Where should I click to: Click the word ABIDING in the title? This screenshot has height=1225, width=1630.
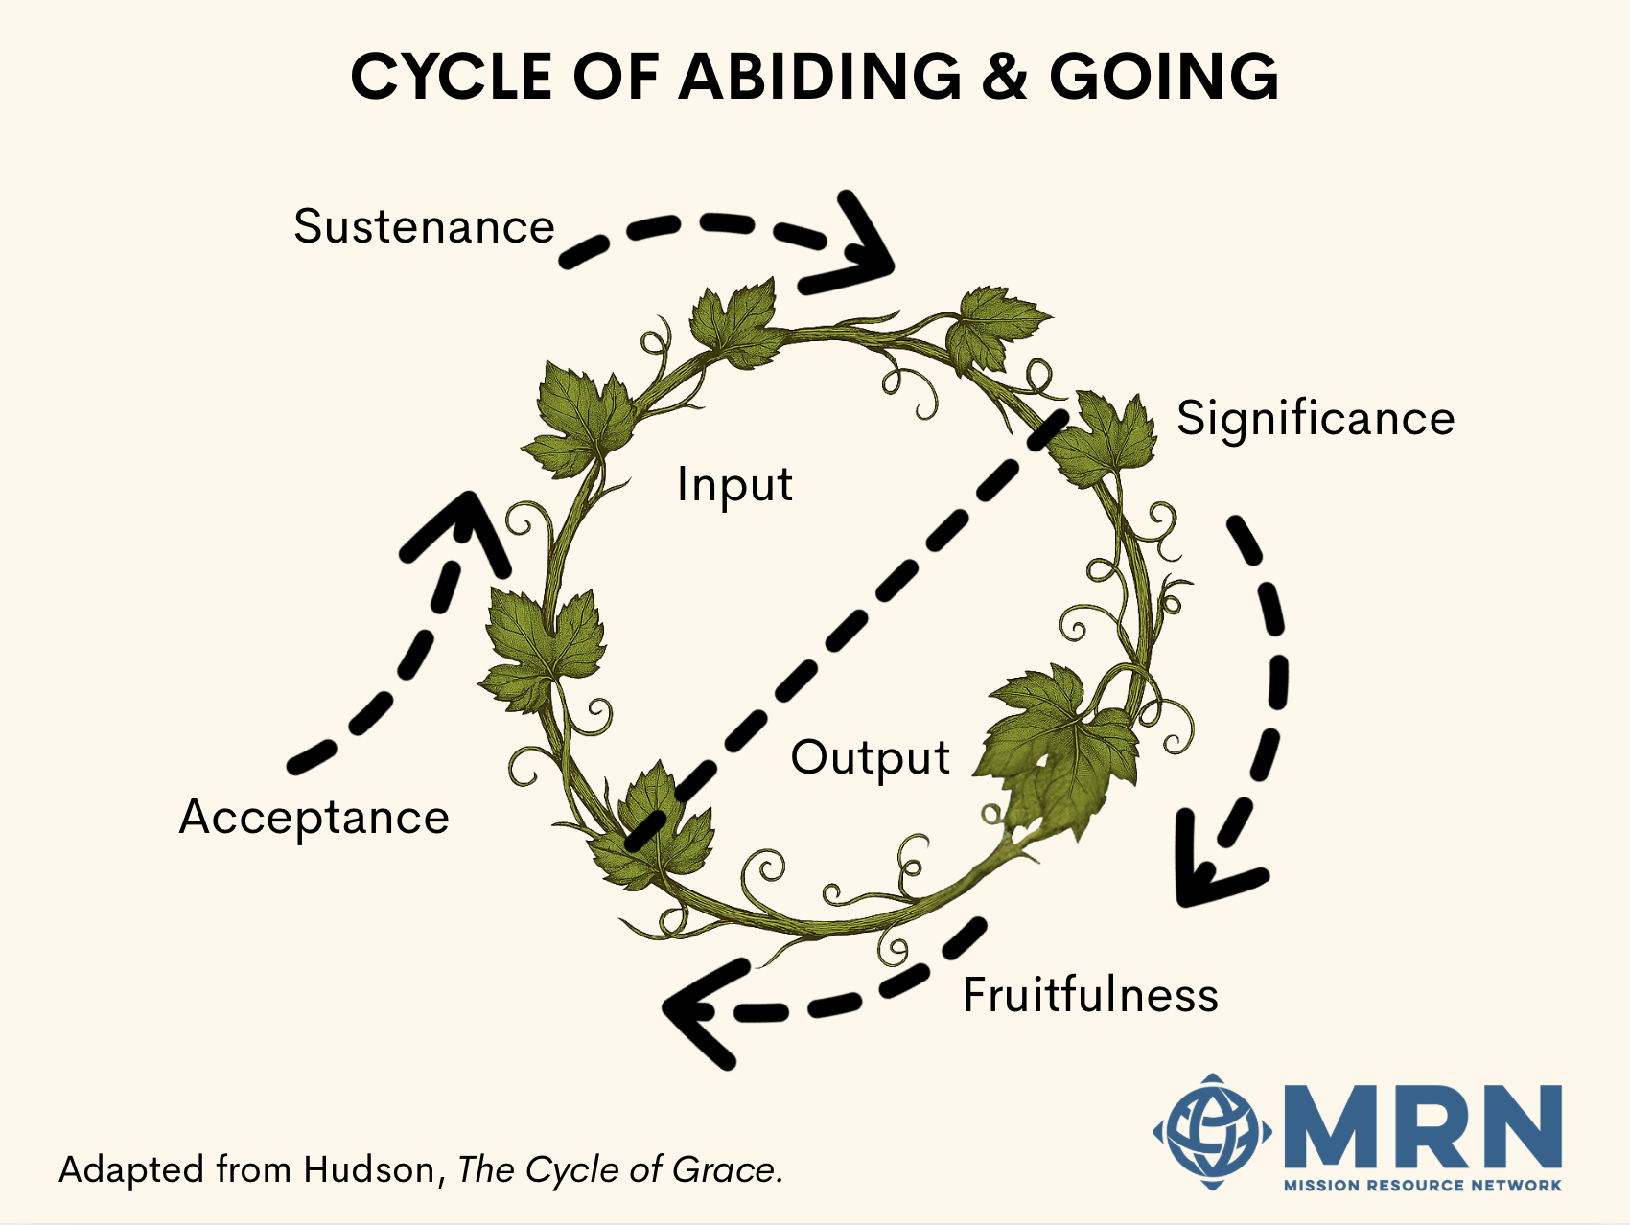click(x=820, y=77)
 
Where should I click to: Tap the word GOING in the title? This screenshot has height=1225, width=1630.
click(x=1164, y=77)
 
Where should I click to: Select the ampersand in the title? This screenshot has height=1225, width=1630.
click(x=1005, y=77)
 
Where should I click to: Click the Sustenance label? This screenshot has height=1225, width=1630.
click(x=424, y=227)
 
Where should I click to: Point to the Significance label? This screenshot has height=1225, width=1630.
click(x=1316, y=419)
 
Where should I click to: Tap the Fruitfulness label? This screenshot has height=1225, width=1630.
click(x=1090, y=995)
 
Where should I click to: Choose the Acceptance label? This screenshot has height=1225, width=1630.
click(x=314, y=818)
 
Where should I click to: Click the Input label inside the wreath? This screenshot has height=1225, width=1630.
click(x=734, y=485)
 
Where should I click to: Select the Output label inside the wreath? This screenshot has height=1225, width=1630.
click(x=870, y=757)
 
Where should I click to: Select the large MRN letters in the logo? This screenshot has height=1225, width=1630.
click(x=1424, y=1128)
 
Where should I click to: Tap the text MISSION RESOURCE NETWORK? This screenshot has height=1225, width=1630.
click(x=1422, y=1186)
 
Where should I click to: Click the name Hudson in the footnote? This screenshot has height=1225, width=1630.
click(x=369, y=1170)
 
